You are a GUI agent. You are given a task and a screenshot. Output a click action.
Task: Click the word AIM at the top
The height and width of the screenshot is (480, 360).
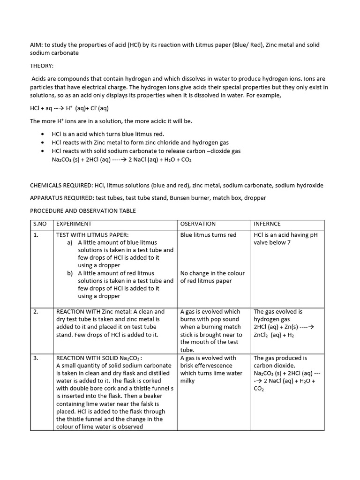(36, 45)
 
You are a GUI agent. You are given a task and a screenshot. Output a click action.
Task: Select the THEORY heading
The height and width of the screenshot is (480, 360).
(42, 66)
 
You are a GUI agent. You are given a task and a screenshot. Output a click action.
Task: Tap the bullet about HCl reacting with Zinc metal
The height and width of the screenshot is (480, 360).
(134, 142)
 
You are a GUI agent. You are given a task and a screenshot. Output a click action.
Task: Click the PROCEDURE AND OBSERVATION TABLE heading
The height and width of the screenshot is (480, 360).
(82, 211)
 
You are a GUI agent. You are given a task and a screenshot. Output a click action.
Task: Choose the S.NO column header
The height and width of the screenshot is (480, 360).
(41, 224)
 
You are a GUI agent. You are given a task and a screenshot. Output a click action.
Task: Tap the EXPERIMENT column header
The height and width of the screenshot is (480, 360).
(74, 224)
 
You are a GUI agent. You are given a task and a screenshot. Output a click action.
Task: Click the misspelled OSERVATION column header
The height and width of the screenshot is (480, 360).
(198, 224)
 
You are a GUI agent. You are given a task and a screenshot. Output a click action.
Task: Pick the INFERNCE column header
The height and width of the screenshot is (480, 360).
(267, 224)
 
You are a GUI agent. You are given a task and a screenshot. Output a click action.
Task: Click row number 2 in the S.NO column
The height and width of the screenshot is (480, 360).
(36, 312)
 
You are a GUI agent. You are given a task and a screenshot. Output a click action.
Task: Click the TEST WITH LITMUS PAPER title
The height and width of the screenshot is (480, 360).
(92, 235)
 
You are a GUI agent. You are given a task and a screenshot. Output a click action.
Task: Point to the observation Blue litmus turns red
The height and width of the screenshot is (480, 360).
(208, 235)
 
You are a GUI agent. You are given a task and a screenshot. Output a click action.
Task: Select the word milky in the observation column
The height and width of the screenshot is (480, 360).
(187, 381)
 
